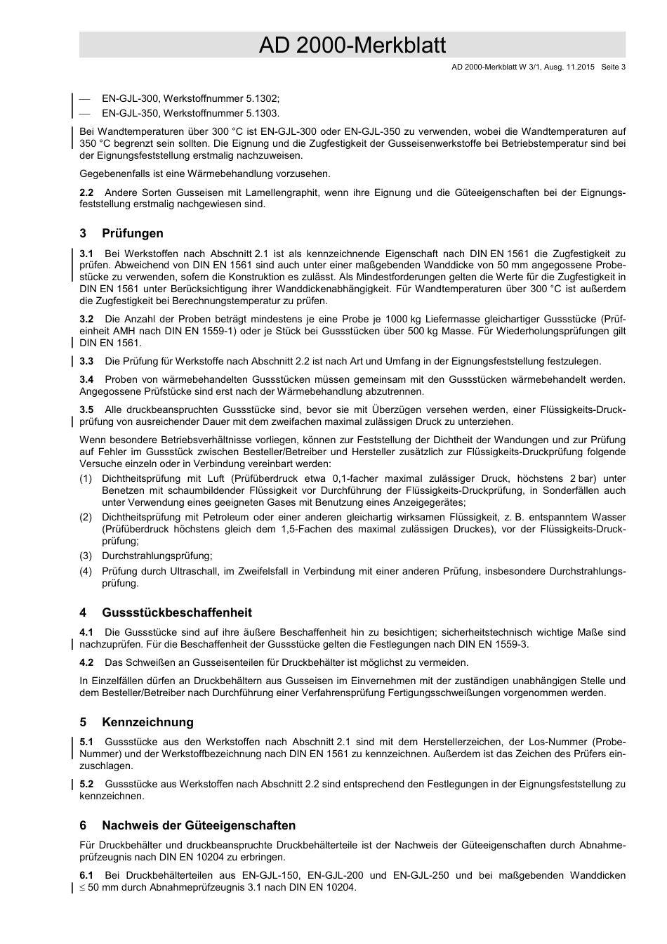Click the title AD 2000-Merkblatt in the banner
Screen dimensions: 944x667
point(352,46)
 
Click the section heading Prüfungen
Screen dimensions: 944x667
point(133,233)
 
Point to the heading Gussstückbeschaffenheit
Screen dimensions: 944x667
point(176,612)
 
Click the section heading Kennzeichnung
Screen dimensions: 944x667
point(147,722)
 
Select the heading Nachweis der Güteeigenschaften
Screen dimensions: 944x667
point(199,825)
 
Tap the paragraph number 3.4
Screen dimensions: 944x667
point(87,379)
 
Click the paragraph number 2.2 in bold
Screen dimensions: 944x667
point(87,192)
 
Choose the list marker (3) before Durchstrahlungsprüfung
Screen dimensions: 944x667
point(86,556)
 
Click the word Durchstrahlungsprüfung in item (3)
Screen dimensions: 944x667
point(156,556)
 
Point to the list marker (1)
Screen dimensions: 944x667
point(86,479)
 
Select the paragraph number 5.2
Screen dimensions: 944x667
point(87,784)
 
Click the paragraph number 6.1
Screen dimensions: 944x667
point(87,875)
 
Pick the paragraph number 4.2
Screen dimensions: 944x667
point(87,662)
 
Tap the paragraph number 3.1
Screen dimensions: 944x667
point(87,254)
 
